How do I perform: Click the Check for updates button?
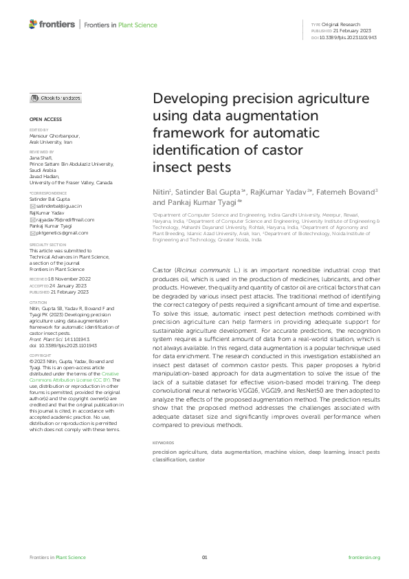pyautogui.click(x=56, y=98)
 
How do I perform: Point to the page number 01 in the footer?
pyautogui.click(x=204, y=557)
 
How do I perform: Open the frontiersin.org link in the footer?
pyautogui.click(x=364, y=557)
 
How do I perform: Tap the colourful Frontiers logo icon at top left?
pyautogui.click(x=34, y=24)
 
